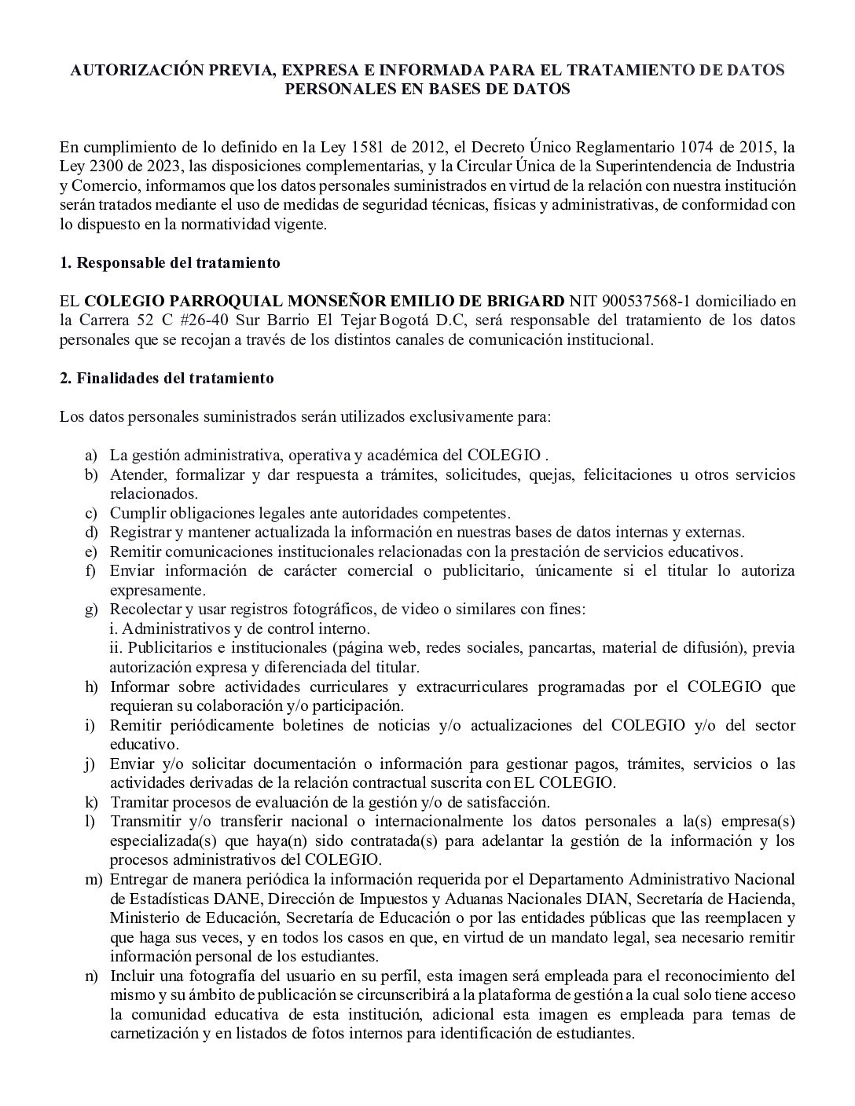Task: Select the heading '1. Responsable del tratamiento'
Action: click(170, 263)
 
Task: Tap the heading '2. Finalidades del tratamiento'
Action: click(167, 379)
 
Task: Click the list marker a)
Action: click(92, 456)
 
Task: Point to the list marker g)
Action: click(92, 610)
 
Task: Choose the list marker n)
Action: click(92, 976)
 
